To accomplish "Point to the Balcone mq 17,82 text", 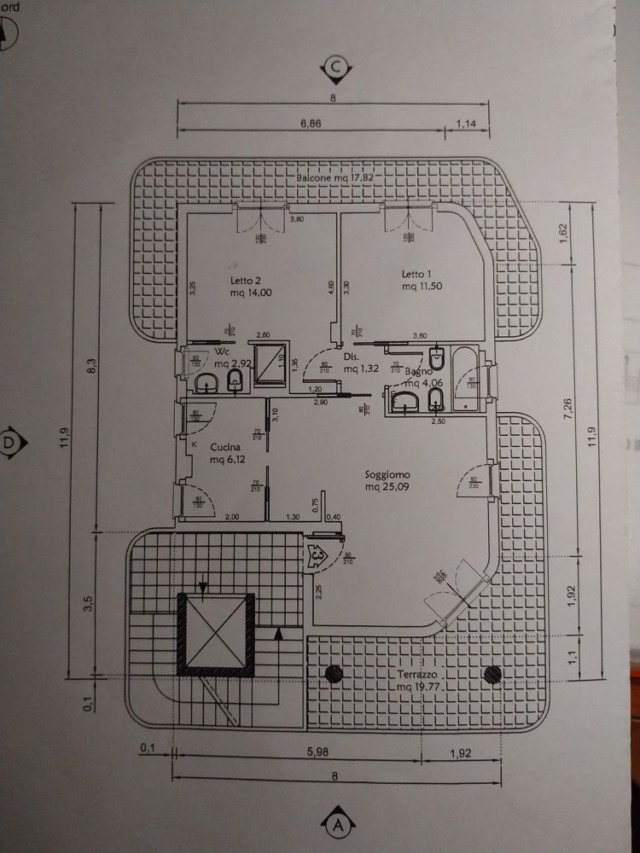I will click(x=335, y=177).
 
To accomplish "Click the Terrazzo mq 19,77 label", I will click(x=418, y=680).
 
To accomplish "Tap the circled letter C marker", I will click(x=337, y=67).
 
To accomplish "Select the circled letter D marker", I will click(x=11, y=442).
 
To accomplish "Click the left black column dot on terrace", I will click(x=331, y=675).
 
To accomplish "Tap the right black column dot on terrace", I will click(x=491, y=675).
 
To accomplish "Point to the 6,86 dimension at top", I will click(x=311, y=124).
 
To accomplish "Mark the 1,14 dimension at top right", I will click(x=466, y=124).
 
